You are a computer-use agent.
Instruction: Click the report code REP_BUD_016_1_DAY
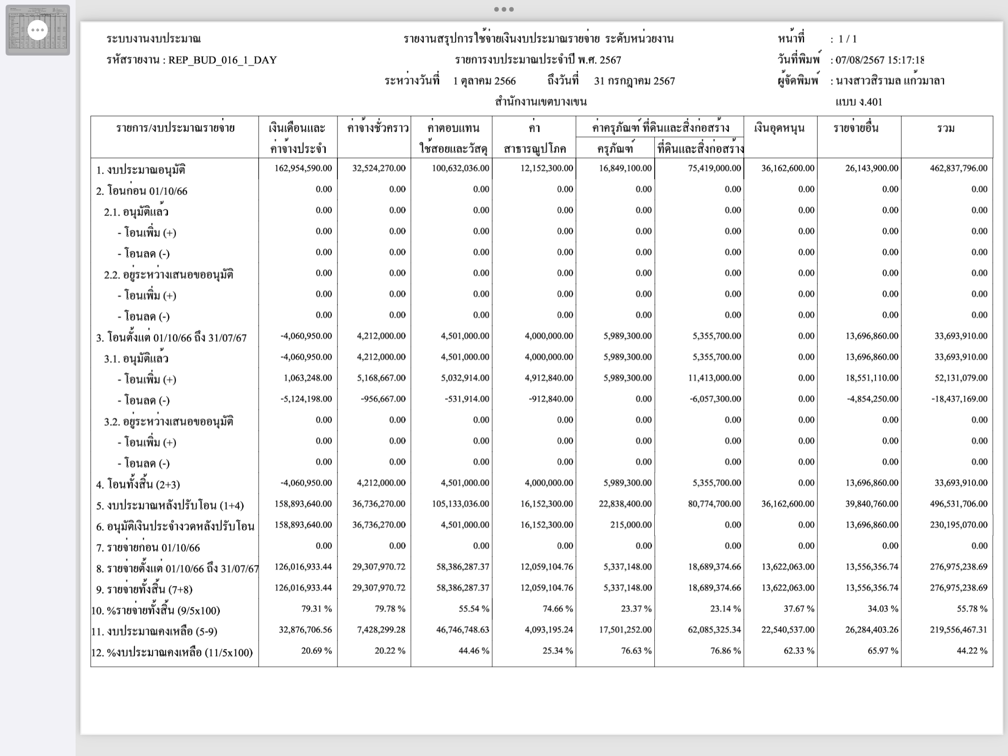[x=223, y=60]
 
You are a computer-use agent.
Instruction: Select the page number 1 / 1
[x=847, y=39]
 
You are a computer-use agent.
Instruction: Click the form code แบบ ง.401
[x=859, y=102]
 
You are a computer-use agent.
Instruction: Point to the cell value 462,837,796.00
[x=959, y=168]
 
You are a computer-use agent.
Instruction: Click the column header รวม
[x=946, y=128]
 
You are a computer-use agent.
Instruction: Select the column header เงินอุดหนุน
[x=779, y=128]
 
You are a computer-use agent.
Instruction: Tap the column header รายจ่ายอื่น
[x=856, y=128]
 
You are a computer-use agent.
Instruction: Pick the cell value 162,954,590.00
[x=303, y=168]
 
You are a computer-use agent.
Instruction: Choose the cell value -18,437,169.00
[x=959, y=399]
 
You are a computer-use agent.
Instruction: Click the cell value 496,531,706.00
[x=959, y=504]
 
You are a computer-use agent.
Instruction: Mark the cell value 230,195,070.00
[x=959, y=525]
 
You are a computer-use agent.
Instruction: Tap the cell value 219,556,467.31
[x=959, y=630]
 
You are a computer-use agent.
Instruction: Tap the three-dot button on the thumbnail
[x=38, y=30]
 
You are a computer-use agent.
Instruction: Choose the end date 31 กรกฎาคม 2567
[x=634, y=81]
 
